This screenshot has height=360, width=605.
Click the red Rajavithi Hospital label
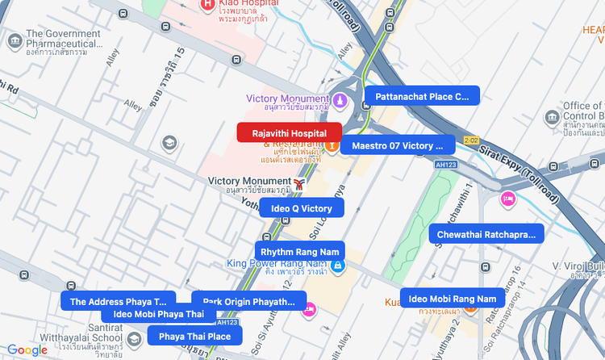tap(289, 133)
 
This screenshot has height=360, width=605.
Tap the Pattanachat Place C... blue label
tap(422, 97)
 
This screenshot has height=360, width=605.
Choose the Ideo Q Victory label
tap(302, 208)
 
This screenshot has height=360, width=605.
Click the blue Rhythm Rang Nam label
tap(300, 252)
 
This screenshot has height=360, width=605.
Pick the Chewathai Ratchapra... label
tap(486, 234)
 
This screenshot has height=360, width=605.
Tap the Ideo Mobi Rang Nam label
tap(453, 299)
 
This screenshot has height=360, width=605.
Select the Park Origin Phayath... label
tap(248, 302)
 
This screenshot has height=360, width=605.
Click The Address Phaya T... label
tap(118, 301)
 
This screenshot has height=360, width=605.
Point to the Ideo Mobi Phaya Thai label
tap(158, 314)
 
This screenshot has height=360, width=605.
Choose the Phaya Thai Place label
tap(194, 336)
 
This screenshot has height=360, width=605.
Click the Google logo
tap(27, 350)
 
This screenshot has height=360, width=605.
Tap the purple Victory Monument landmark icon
tap(340, 101)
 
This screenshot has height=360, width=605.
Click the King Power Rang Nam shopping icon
tap(339, 265)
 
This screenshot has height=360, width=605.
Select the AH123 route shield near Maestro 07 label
tap(445, 164)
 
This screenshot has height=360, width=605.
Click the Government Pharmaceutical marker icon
tap(14, 40)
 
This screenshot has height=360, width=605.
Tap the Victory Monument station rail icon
tap(299, 185)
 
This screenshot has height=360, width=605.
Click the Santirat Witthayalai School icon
tap(134, 337)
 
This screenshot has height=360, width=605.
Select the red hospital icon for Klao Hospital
tap(207, 4)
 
